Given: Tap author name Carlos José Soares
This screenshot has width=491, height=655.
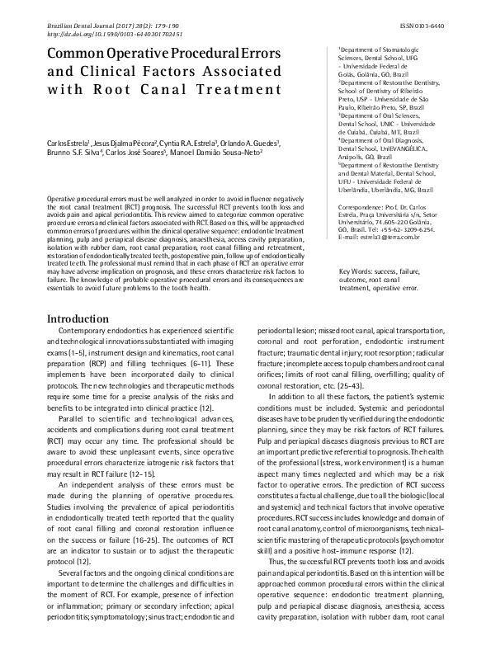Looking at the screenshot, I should pos(137,153).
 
